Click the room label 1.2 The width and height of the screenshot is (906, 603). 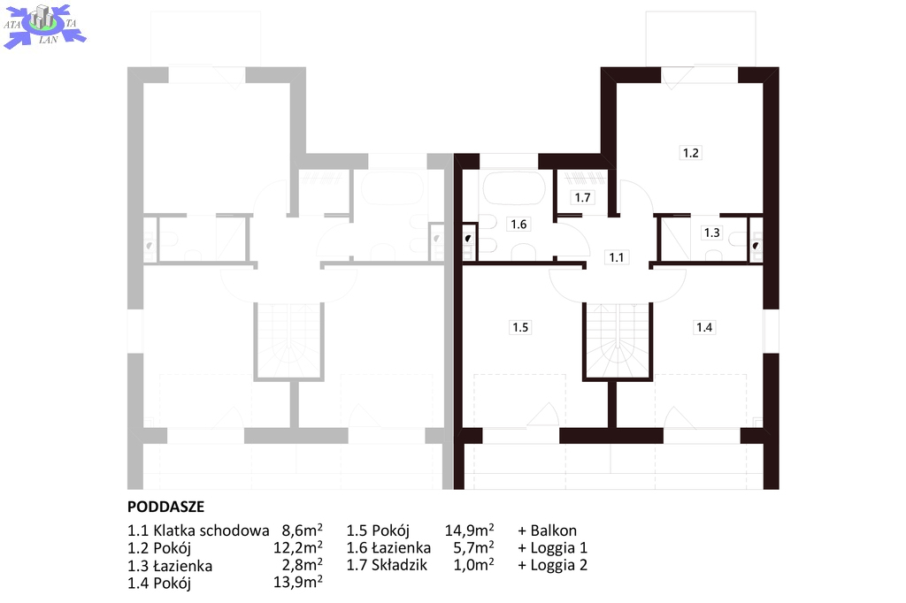pyautogui.click(x=690, y=152)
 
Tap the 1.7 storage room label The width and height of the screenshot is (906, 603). pyautogui.click(x=582, y=197)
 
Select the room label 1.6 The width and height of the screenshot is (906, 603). pyautogui.click(x=518, y=224)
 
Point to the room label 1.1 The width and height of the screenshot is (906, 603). pyautogui.click(x=617, y=257)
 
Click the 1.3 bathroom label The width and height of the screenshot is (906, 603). pyautogui.click(x=712, y=233)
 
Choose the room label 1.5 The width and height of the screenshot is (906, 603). pyautogui.click(x=520, y=327)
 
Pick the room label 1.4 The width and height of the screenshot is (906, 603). pyautogui.click(x=704, y=327)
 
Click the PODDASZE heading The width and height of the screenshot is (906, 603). pyautogui.click(x=165, y=507)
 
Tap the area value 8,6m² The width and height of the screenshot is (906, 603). pyautogui.click(x=303, y=530)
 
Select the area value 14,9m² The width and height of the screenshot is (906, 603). pyautogui.click(x=469, y=530)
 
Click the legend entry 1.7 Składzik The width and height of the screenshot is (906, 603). pyautogui.click(x=387, y=565)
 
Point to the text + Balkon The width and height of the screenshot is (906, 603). pyautogui.click(x=547, y=530)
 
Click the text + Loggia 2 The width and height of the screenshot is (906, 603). pyautogui.click(x=552, y=565)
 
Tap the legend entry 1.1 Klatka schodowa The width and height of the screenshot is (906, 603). pyautogui.click(x=198, y=530)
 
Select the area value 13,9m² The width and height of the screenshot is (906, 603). pyautogui.click(x=298, y=582)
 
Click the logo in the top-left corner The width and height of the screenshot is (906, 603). pyautogui.click(x=44, y=26)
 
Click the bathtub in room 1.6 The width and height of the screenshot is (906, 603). pyautogui.click(x=514, y=187)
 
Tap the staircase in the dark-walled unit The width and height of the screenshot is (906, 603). pyautogui.click(x=618, y=340)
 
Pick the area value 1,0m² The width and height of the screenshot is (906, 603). pyautogui.click(x=474, y=564)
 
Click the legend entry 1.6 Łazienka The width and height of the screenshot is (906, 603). pyautogui.click(x=388, y=547)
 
